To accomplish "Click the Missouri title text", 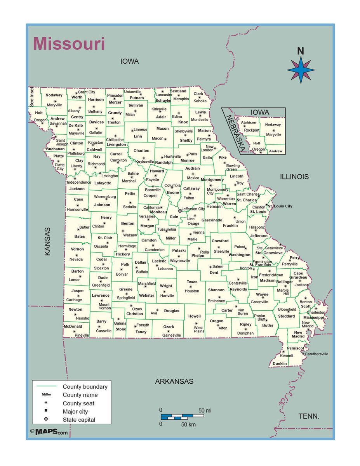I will pos(69,43).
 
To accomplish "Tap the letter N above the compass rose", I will pos(300,51).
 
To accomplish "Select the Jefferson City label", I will pos(193,209).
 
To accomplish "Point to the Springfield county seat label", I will pos(126,298).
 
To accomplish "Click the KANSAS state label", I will pos(47,241).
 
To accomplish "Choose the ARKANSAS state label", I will pos(174,381).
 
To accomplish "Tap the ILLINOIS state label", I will pos(294,177).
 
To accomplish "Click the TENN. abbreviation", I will pos(309,416).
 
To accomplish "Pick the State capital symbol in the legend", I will pos(46,419).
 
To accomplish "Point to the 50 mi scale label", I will pos(205,410).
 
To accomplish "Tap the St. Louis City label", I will pos(280,206).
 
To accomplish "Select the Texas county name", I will pos(192,282).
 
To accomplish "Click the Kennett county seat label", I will pos(287,356).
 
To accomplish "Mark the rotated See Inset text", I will pos(32,97).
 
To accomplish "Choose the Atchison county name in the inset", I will pos(249,123).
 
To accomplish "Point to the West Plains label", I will pos(199,329).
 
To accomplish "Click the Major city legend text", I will pos(75,412).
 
